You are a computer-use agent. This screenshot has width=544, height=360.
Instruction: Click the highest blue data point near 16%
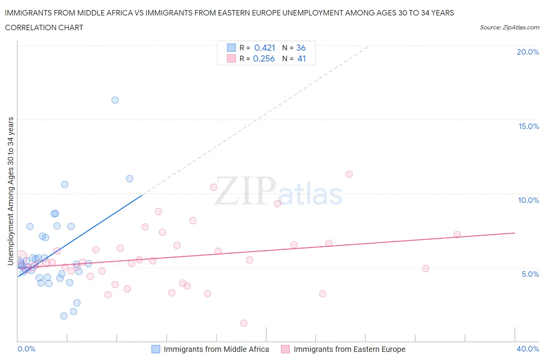coord(115,100)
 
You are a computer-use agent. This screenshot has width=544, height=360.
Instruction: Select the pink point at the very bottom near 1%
coord(244,323)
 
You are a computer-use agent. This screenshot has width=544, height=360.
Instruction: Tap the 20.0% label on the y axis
coord(528,52)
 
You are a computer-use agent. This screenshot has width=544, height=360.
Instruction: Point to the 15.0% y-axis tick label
coord(529,126)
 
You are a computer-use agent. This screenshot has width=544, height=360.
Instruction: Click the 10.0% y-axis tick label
coord(529,200)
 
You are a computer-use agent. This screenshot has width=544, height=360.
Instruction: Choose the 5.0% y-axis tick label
coord(530,274)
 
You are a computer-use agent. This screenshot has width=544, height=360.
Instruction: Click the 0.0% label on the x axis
coord(27,349)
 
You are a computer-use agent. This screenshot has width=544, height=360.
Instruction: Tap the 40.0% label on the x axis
coord(528,349)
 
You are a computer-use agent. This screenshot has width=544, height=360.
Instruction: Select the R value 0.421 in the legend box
coord(265,48)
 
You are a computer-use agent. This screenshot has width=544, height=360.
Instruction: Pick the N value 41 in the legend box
coord(302,58)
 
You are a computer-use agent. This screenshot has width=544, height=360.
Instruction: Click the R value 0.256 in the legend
coord(264,58)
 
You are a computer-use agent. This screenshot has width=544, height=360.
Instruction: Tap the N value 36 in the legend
coord(301,48)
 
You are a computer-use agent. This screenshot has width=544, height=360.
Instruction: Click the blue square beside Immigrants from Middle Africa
coord(156,349)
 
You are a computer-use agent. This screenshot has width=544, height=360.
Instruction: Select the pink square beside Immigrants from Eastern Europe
coord(286,349)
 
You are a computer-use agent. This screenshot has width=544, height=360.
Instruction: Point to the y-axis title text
coord(10,191)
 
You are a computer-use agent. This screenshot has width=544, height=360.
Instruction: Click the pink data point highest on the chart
coord(349,174)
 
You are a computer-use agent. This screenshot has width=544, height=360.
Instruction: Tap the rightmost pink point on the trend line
coord(457,235)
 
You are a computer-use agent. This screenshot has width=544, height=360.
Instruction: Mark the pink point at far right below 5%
coord(426,269)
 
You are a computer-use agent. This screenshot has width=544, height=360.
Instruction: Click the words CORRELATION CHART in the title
coord(44,27)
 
